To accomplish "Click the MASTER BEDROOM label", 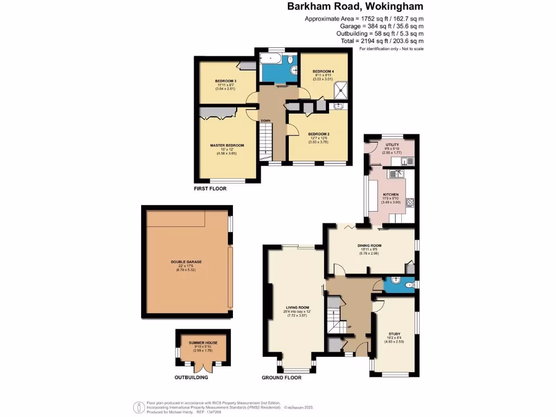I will [227, 146].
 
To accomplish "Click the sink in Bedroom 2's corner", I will [339, 107].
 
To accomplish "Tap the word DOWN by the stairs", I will [266, 121].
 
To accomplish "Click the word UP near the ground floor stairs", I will [349, 326].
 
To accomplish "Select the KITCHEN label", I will [391, 194].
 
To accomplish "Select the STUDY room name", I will [394, 334].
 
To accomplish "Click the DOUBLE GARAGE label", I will [186, 262].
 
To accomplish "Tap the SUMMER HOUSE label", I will [201, 343].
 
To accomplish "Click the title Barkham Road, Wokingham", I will [355, 7].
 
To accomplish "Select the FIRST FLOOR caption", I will [210, 189].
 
